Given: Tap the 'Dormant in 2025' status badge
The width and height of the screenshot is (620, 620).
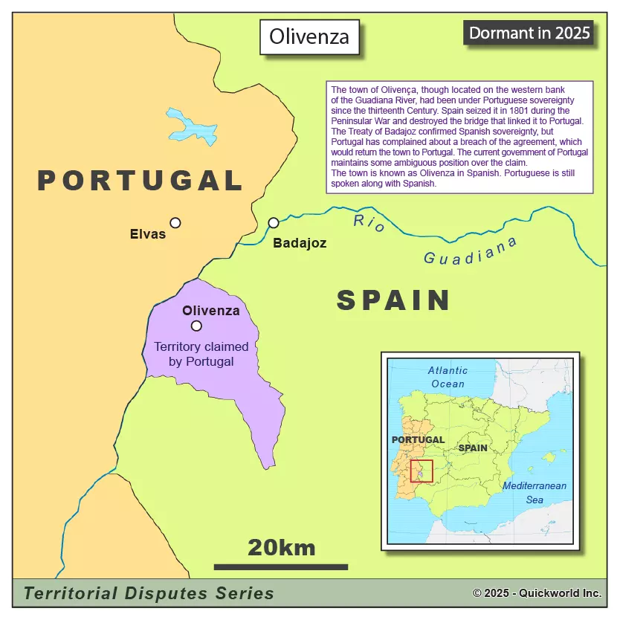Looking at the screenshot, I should pos(529,33).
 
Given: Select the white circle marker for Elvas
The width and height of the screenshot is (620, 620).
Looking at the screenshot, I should pos(175,222).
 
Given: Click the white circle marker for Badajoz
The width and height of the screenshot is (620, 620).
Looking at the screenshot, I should pos(274,222).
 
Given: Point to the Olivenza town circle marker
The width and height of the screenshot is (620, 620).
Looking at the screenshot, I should pos(196,326).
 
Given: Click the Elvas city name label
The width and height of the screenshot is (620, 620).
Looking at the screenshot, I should pos(148,234).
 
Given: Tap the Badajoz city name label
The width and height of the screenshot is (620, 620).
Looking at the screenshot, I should pos(300,243).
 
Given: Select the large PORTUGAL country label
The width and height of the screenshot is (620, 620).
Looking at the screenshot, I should pos(141,181).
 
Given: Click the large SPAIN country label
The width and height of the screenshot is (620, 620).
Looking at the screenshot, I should pos(393,300).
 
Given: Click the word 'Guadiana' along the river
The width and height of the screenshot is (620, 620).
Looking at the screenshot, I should pos(470,251).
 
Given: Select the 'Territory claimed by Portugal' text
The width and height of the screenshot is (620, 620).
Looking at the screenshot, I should pos(201,354).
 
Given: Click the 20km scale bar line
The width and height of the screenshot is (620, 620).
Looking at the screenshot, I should pos(281,567).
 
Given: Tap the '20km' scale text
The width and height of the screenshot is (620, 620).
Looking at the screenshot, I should pos(281,548).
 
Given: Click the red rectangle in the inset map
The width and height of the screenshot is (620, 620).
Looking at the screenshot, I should pos(422,471).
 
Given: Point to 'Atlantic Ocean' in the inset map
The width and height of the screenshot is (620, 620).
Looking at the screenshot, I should pos(448,377).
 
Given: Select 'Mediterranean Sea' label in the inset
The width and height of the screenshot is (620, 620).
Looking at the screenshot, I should pos(535,493).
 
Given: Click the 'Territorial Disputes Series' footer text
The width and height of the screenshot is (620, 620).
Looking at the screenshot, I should pos(149,593).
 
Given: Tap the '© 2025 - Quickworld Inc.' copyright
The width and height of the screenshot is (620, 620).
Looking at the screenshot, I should pos(537,593).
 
